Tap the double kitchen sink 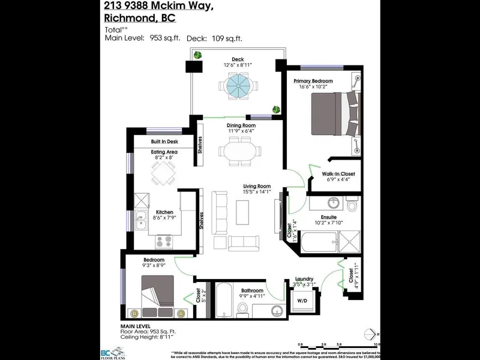[142, 222]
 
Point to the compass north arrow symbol [376, 333]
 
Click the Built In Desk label [165, 142]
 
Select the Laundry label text [305, 279]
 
